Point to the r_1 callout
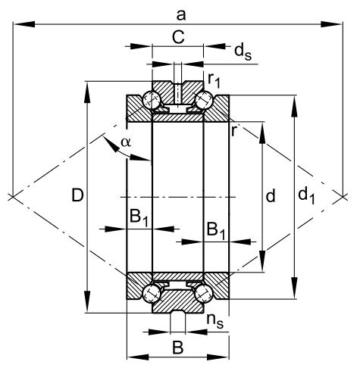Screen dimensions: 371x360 point(214,81)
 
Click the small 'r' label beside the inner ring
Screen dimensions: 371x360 point(234,131)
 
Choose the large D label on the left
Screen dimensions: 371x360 point(77,196)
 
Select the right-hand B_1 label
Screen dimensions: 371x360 point(215,229)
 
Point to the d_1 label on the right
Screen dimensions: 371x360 point(305,196)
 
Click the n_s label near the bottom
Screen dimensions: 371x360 point(214,321)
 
